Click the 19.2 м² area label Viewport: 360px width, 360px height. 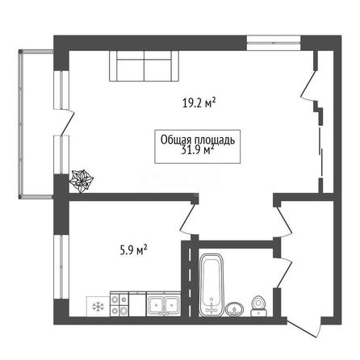pos(199,103)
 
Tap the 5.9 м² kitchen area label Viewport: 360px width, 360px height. pos(133,249)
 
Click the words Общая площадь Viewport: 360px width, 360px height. pos(198,140)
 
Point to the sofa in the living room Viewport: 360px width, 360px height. pos(144,66)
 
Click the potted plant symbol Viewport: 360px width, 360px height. pos(82,181)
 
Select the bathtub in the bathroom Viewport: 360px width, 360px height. pos(211,285)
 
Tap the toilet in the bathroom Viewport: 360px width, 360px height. pos(259,306)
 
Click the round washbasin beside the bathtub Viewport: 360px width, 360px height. pos(235,309)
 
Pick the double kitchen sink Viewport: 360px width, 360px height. pos(164,304)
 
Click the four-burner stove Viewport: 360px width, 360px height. pos(119,304)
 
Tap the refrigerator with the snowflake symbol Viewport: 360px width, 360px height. pos(98,307)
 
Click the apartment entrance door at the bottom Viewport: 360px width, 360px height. pos(304,328)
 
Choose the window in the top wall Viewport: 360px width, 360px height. pos(274,43)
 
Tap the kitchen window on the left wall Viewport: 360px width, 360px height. pos(61,267)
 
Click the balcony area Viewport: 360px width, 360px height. pos(36,123)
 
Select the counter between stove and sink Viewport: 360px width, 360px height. pos(138,304)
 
